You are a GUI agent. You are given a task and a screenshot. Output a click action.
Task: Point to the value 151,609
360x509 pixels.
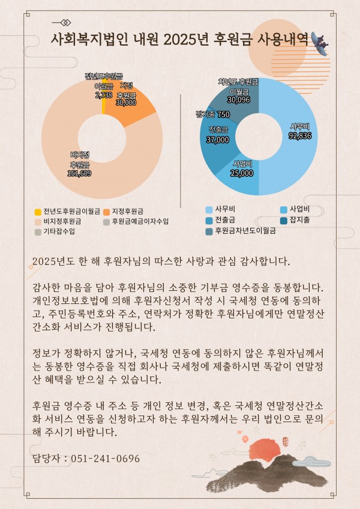pos(79,173)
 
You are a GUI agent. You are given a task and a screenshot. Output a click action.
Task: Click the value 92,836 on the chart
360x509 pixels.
pos(299,135)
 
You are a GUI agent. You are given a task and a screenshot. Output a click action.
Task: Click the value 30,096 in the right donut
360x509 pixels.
pos(238,100)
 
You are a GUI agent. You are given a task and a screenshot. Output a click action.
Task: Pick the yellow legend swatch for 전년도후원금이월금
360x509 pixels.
pos(38,212)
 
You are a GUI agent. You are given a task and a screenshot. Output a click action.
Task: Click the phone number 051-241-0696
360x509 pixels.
pos(105,459)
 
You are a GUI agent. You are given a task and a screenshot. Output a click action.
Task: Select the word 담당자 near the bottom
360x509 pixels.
pos(47,459)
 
